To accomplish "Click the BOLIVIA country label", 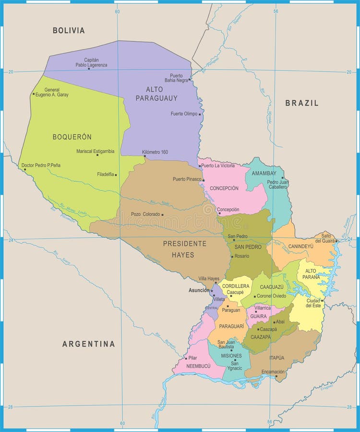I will [x=69, y=31].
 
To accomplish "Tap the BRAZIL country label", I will [x=301, y=103].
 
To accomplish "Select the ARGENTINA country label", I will [x=88, y=344].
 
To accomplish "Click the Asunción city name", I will [x=199, y=290].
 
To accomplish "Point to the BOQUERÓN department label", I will [x=72, y=137].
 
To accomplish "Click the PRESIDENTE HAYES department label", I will [x=185, y=249].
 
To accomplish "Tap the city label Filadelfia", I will [x=106, y=174].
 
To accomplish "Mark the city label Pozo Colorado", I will [x=145, y=214].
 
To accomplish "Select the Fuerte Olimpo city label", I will [x=184, y=114].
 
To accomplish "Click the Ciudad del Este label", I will [x=313, y=303].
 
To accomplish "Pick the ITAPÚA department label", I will [x=276, y=358].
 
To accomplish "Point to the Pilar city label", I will [x=193, y=358].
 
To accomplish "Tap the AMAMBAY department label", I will [x=264, y=173].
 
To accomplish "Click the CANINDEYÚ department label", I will [x=300, y=246].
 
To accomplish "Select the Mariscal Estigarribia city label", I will [x=95, y=151].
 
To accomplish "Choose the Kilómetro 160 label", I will [x=155, y=152].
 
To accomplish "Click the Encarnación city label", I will [x=273, y=372].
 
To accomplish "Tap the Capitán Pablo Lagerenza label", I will [x=91, y=62].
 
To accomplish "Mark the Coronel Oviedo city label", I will [x=272, y=296].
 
